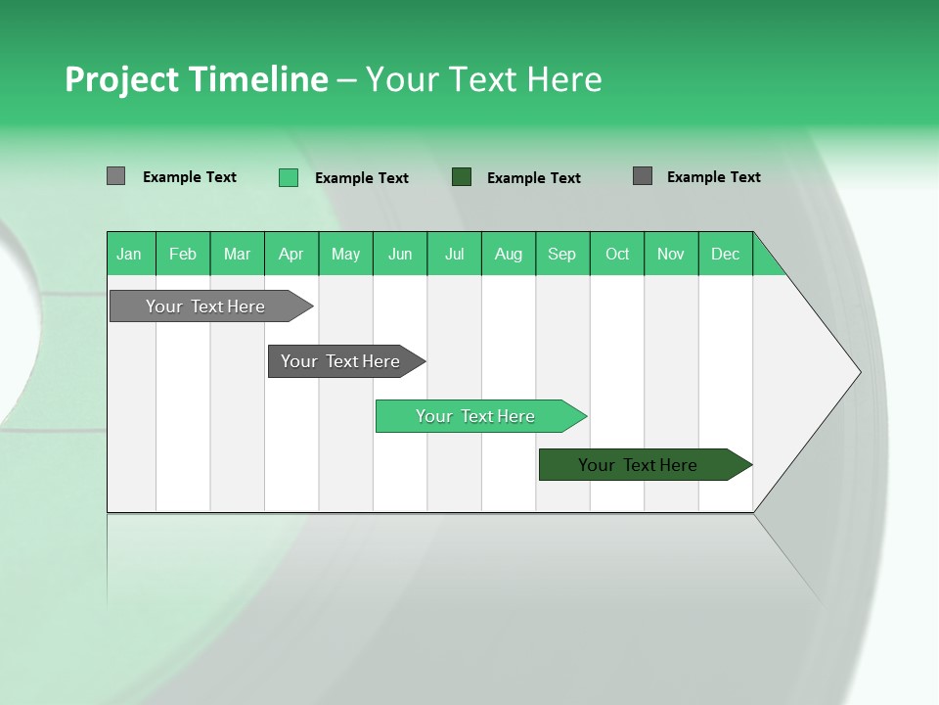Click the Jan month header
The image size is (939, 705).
pos(129,255)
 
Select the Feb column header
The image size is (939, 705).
pos(183,255)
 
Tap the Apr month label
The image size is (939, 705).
pos(291,255)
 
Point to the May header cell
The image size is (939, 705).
pos(345,255)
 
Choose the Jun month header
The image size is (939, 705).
pos(400,255)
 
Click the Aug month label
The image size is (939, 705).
pos(509,255)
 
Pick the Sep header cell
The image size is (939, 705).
pos(561,255)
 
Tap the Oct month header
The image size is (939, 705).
pos(617,255)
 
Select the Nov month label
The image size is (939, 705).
pos(671,255)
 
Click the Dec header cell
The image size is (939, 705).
pos(725,255)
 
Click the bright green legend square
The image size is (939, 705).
pos(289,177)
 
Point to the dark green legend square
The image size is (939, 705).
pos(462,177)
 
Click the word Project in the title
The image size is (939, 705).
pos(122,79)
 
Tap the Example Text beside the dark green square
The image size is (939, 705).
pos(534,178)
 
